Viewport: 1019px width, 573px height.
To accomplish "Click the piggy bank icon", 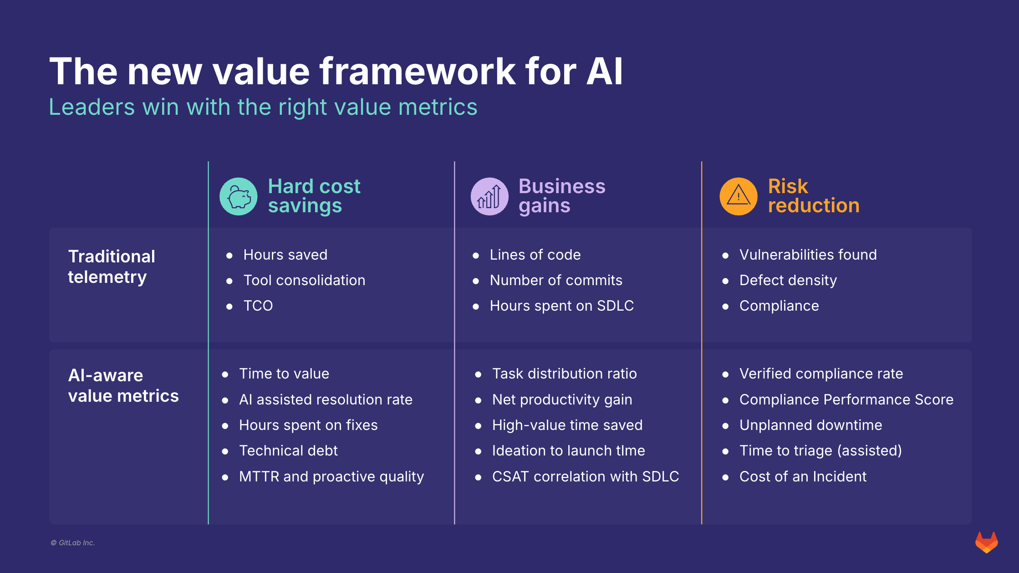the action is point(239,196).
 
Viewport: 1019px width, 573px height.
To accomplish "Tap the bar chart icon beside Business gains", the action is point(489,196).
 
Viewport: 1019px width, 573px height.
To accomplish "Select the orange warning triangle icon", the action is point(738,196).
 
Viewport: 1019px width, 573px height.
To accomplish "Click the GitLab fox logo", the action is point(986,542).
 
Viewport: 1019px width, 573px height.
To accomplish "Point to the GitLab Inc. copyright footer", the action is point(73,542).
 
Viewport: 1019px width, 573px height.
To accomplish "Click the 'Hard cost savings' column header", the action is point(314,196).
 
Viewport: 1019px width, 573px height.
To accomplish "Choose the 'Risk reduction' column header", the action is point(814,196).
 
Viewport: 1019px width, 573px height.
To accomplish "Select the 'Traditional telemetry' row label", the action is point(112,266).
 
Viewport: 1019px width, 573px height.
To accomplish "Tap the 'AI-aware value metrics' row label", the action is point(123,385).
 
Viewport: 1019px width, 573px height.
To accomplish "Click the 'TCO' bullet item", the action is point(258,306).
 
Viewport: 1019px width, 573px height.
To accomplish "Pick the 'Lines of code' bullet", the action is point(535,255).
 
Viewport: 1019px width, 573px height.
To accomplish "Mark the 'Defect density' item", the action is point(788,280).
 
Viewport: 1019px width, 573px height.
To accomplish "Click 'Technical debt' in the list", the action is point(288,450).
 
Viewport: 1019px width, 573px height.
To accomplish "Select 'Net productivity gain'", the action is point(562,399).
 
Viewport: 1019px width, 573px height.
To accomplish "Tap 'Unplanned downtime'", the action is point(810,425).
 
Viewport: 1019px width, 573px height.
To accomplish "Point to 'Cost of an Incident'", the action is point(803,476).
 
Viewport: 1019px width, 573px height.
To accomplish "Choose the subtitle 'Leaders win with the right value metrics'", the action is point(263,107).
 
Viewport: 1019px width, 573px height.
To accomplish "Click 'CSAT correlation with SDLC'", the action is point(585,476).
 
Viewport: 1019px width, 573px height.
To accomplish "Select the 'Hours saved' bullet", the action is point(285,255).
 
